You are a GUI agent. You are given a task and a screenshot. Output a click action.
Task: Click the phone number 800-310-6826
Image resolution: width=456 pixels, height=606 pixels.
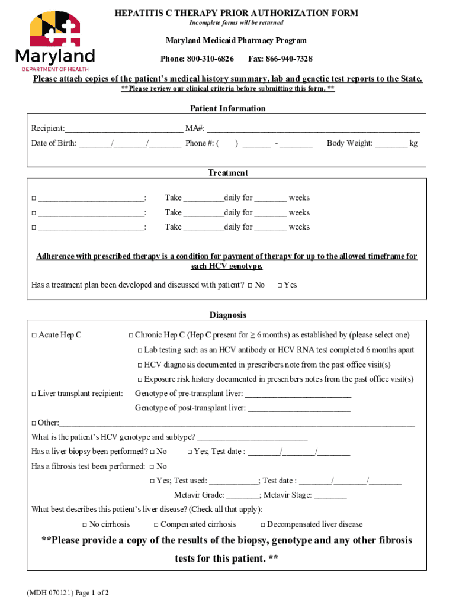pyautogui.click(x=210, y=59)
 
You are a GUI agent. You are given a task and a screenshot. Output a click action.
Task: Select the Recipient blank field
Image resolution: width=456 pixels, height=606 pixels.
pyautogui.click(x=124, y=129)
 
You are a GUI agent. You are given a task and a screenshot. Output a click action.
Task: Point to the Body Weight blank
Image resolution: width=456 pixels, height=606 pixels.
pyautogui.click(x=391, y=144)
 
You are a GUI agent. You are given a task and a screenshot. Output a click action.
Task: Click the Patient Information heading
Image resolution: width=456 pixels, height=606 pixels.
pyautogui.click(x=227, y=108)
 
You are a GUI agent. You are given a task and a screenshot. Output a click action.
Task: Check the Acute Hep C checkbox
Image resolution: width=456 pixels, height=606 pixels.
pyautogui.click(x=34, y=336)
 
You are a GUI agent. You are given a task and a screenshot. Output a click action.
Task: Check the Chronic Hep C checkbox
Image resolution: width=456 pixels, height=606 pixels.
pyautogui.click(x=131, y=336)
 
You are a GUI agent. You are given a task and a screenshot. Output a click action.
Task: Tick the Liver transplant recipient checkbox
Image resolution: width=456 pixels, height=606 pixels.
pyautogui.click(x=34, y=394)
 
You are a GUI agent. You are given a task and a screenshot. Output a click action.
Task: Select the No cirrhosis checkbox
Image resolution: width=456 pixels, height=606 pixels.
pyautogui.click(x=85, y=525)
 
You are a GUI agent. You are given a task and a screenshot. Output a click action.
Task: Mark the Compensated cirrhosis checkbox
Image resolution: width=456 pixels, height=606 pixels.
pyautogui.click(x=156, y=525)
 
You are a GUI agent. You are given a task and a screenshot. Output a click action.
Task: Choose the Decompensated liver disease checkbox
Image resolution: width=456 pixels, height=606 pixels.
pyautogui.click(x=263, y=525)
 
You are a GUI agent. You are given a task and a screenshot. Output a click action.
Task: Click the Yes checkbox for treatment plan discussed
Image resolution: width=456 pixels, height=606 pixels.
pyautogui.click(x=280, y=286)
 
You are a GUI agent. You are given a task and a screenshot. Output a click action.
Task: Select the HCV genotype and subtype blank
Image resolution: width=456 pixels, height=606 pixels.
pyautogui.click(x=252, y=438)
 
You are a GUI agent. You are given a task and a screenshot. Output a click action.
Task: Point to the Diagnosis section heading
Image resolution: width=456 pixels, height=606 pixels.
pyautogui.click(x=227, y=315)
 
